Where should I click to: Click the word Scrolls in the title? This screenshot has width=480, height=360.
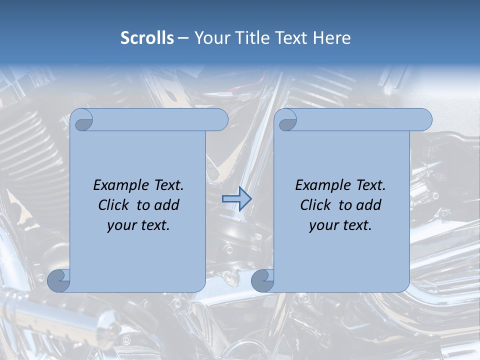pyautogui.click(x=147, y=38)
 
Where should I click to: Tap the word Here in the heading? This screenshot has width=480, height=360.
pyautogui.click(x=331, y=38)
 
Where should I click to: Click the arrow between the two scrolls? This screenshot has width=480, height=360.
pyautogui.click(x=236, y=198)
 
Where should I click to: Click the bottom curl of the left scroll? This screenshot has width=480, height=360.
pyautogui.click(x=58, y=281)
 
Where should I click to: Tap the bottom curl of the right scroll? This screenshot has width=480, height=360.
pyautogui.click(x=262, y=281)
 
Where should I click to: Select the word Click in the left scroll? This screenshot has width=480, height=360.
pyautogui.click(x=114, y=205)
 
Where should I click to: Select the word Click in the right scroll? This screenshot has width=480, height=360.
pyautogui.click(x=316, y=205)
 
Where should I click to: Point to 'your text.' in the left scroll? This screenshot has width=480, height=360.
pyautogui.click(x=138, y=225)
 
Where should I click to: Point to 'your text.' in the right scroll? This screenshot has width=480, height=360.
pyautogui.click(x=340, y=225)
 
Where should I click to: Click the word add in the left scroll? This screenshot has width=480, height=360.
pyautogui.click(x=166, y=205)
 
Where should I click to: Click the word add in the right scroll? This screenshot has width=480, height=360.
pyautogui.click(x=368, y=205)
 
